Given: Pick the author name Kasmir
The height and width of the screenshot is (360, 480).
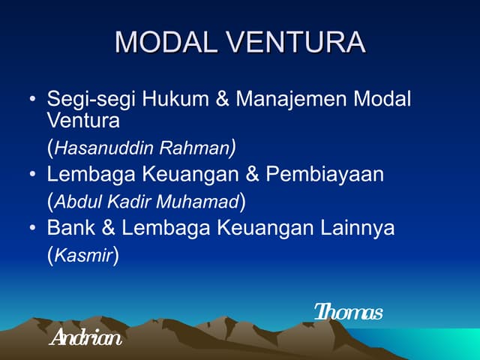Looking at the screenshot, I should (x=83, y=256).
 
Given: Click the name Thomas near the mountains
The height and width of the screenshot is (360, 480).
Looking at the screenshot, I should (x=348, y=311).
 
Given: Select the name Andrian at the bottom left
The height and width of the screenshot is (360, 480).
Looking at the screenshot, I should (x=84, y=338).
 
